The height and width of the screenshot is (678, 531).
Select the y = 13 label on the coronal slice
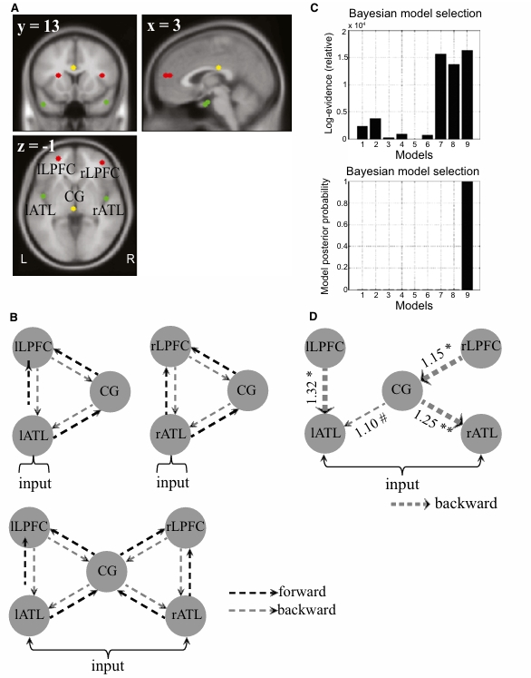pos(43,26)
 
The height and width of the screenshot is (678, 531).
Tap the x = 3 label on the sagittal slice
pos(168,26)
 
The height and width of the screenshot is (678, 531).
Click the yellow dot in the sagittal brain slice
pos(218,67)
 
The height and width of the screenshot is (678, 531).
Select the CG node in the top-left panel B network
pos(111,392)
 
